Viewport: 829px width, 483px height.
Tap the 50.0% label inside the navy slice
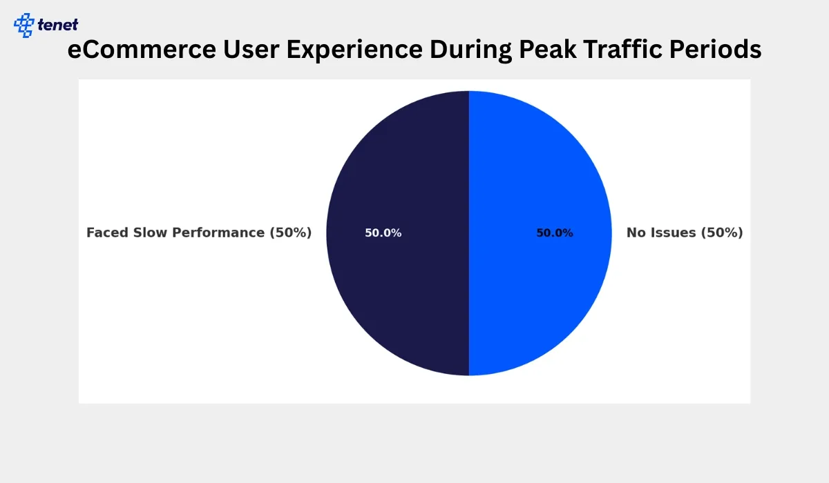tap(383, 233)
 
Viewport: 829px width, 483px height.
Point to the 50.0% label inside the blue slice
tap(555, 233)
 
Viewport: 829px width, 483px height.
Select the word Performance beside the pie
tap(218, 233)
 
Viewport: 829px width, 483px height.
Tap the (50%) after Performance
tap(291, 233)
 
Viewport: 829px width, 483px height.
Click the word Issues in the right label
tap(674, 233)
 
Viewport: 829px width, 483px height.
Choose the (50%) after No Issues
tap(722, 233)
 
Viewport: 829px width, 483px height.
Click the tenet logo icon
tap(24, 25)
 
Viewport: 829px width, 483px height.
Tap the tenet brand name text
tap(58, 26)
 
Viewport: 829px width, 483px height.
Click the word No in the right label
tap(637, 233)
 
